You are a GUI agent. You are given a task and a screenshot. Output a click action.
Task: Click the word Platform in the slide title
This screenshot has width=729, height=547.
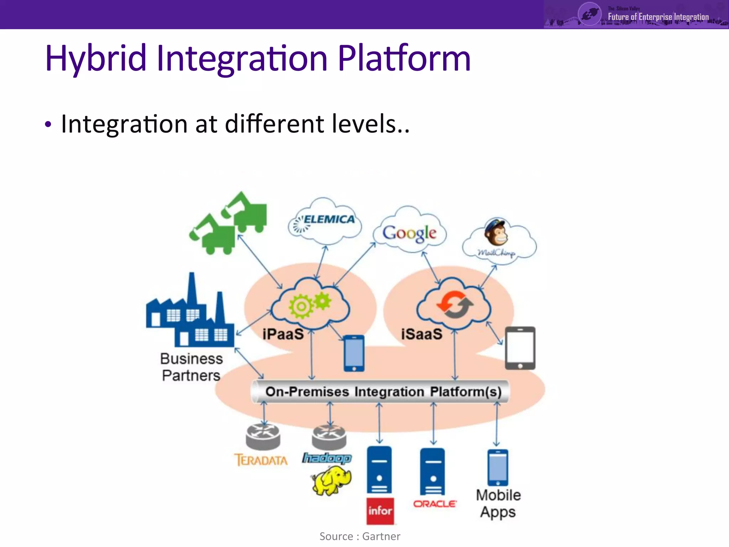(x=404, y=58)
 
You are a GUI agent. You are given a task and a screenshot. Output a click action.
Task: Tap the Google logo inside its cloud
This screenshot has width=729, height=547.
(x=409, y=233)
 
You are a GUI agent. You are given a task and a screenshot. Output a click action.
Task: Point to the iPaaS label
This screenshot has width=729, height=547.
(x=283, y=334)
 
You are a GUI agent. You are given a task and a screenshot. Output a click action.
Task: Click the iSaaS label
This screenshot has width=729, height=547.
(x=421, y=334)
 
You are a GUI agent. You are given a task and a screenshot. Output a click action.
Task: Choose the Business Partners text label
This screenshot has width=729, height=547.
(x=191, y=367)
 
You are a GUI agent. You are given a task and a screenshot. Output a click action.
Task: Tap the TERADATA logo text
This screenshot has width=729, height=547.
(x=261, y=460)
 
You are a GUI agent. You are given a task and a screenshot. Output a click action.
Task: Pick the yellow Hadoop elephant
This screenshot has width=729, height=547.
(x=331, y=481)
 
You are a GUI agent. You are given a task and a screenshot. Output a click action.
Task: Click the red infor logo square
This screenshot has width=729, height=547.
(x=380, y=511)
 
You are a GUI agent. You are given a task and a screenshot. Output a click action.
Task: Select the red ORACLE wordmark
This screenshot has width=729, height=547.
(x=434, y=504)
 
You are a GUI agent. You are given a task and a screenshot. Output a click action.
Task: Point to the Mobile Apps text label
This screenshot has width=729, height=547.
(x=498, y=503)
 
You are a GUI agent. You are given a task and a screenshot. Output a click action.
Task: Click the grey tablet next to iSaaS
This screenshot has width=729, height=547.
(x=520, y=348)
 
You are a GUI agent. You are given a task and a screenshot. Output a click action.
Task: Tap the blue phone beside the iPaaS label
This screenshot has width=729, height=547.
(x=354, y=353)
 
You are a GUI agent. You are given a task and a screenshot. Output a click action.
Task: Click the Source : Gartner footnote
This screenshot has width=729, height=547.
(x=360, y=536)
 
